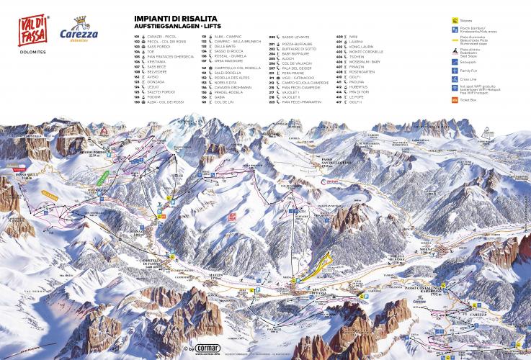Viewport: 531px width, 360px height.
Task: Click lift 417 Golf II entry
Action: [350, 102]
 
